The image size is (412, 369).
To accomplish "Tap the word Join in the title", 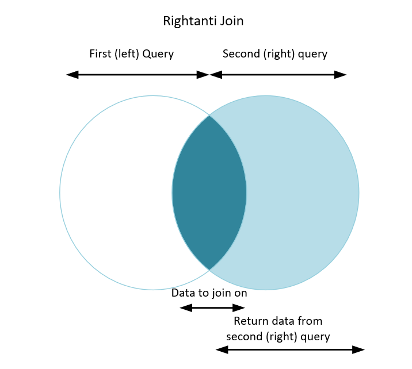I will pos(230,22).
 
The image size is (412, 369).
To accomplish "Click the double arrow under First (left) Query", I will pos(137,75).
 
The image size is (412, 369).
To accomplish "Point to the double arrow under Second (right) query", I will pos(278,75).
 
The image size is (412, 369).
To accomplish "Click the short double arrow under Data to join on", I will pos(212,308).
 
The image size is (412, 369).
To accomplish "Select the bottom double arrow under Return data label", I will pos(290,349).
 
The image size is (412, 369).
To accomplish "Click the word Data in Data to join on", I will pos(183,293).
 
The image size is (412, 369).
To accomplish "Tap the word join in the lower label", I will pos(216,293).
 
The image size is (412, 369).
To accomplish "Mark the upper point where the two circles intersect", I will pos(209,116).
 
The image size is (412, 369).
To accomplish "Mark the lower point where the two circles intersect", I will pos(209,269).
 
